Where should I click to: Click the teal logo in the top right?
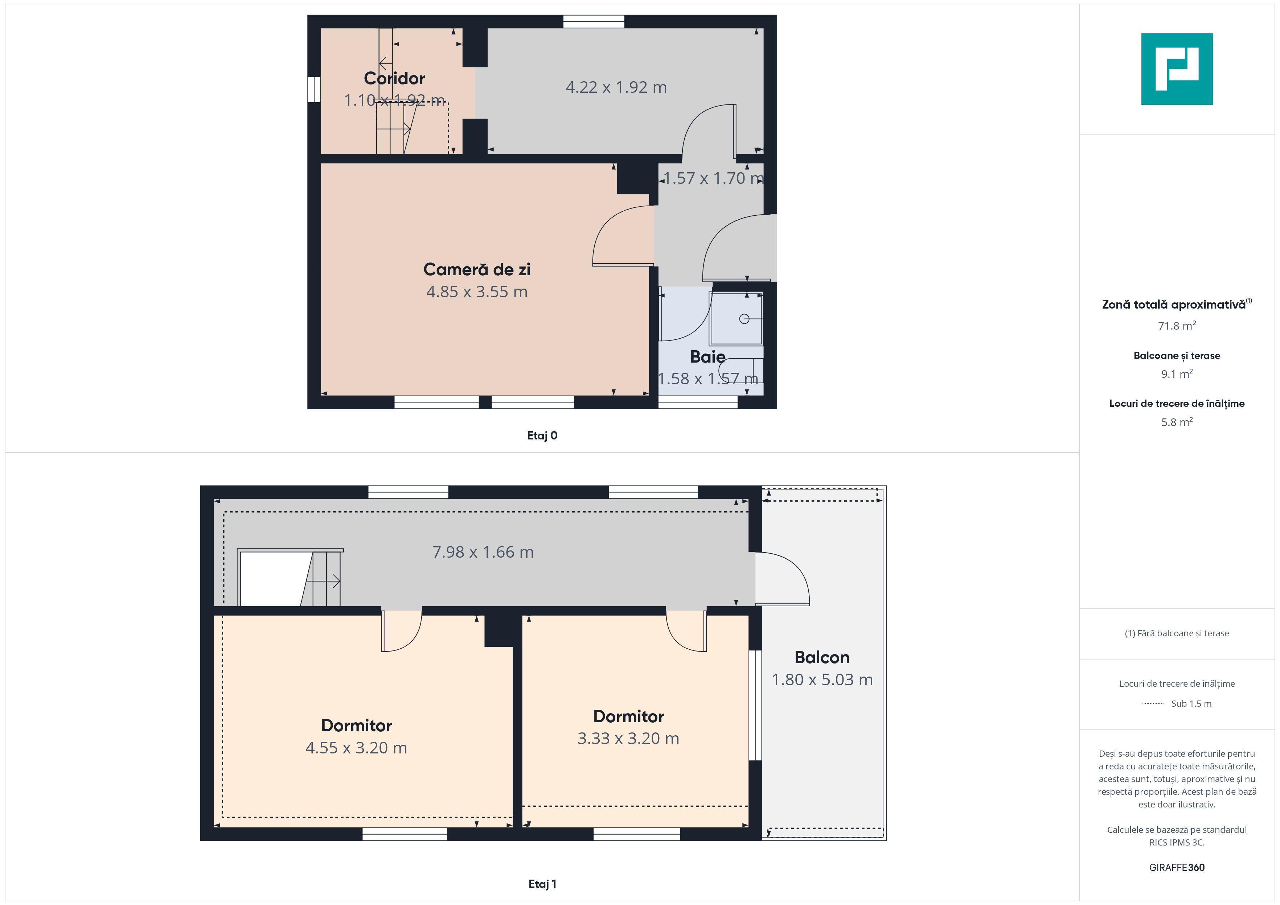[1177, 69]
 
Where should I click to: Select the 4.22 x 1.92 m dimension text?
[616, 87]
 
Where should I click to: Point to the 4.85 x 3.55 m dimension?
[477, 292]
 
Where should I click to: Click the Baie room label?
[707, 357]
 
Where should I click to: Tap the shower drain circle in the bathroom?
[744, 319]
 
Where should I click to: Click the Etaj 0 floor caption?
[542, 436]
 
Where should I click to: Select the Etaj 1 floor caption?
[542, 884]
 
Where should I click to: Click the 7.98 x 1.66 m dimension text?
[483, 552]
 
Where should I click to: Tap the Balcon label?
[822, 658]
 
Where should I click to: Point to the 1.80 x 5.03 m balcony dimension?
[822, 679]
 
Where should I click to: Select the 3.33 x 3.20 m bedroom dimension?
[628, 738]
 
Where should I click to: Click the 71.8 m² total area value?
[1177, 326]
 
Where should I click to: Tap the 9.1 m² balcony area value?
[1177, 373]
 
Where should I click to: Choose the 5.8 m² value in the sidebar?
[1177, 422]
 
